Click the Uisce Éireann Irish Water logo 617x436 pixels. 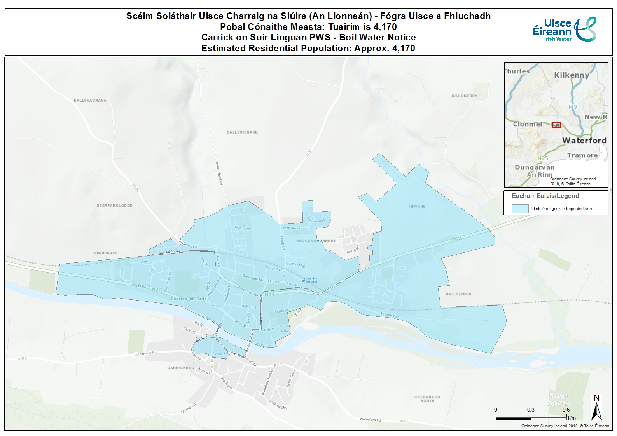pyautogui.click(x=565, y=30)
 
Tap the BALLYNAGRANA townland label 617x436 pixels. pyautogui.click(x=90, y=101)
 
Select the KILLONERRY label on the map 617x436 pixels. pyautogui.click(x=464, y=96)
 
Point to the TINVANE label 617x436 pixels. pyautogui.click(x=417, y=207)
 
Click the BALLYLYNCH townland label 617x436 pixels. pyautogui.click(x=458, y=294)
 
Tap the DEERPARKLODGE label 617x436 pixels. pyautogui.click(x=114, y=205)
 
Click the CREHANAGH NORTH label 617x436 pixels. pyautogui.click(x=427, y=399)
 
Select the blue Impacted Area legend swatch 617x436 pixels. pyautogui.click(x=520, y=208)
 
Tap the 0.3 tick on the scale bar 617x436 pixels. pyautogui.click(x=531, y=410)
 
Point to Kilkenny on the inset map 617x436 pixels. pyautogui.click(x=571, y=75)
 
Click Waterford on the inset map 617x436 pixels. pyautogui.click(x=584, y=141)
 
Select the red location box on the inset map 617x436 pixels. pyautogui.click(x=556, y=125)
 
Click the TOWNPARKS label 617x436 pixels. pyautogui.click(x=105, y=253)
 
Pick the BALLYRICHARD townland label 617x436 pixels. pyautogui.click(x=242, y=132)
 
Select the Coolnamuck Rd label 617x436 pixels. pyautogui.click(x=144, y=354)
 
